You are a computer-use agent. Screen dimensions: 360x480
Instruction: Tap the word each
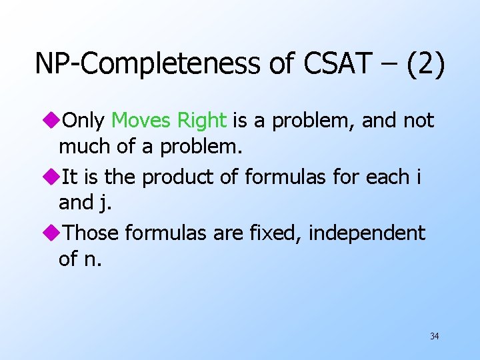[385, 177]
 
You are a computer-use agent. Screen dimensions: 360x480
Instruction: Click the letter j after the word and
[105, 203]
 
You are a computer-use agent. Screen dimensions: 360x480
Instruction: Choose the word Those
[91, 233]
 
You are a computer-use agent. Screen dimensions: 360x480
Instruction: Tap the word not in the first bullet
[418, 121]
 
